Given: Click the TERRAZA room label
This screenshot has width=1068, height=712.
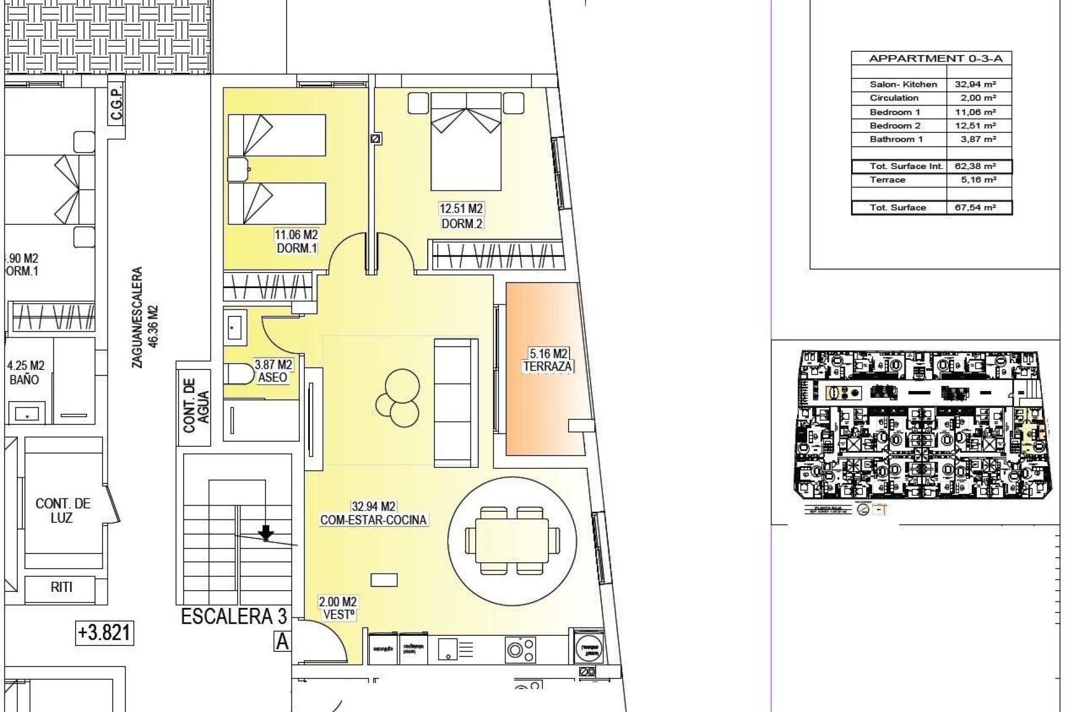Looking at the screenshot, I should pyautogui.click(x=548, y=367).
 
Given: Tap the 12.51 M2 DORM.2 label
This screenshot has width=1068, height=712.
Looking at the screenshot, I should pyautogui.click(x=461, y=216).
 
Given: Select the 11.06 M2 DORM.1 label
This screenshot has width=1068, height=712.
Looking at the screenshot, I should pyautogui.click(x=297, y=242).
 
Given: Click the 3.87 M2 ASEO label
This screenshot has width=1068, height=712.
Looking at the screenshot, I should pyautogui.click(x=273, y=371).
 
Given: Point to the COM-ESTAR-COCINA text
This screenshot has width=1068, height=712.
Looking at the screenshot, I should pyautogui.click(x=373, y=520).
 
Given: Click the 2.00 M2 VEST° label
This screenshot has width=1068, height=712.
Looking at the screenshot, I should pyautogui.click(x=338, y=608).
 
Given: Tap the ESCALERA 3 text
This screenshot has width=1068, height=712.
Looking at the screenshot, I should pyautogui.click(x=234, y=616).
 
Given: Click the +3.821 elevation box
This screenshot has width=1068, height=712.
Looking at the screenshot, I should pyautogui.click(x=105, y=632).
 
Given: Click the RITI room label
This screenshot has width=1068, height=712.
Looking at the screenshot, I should pyautogui.click(x=61, y=587).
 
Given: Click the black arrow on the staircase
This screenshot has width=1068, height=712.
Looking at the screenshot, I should pyautogui.click(x=266, y=532).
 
